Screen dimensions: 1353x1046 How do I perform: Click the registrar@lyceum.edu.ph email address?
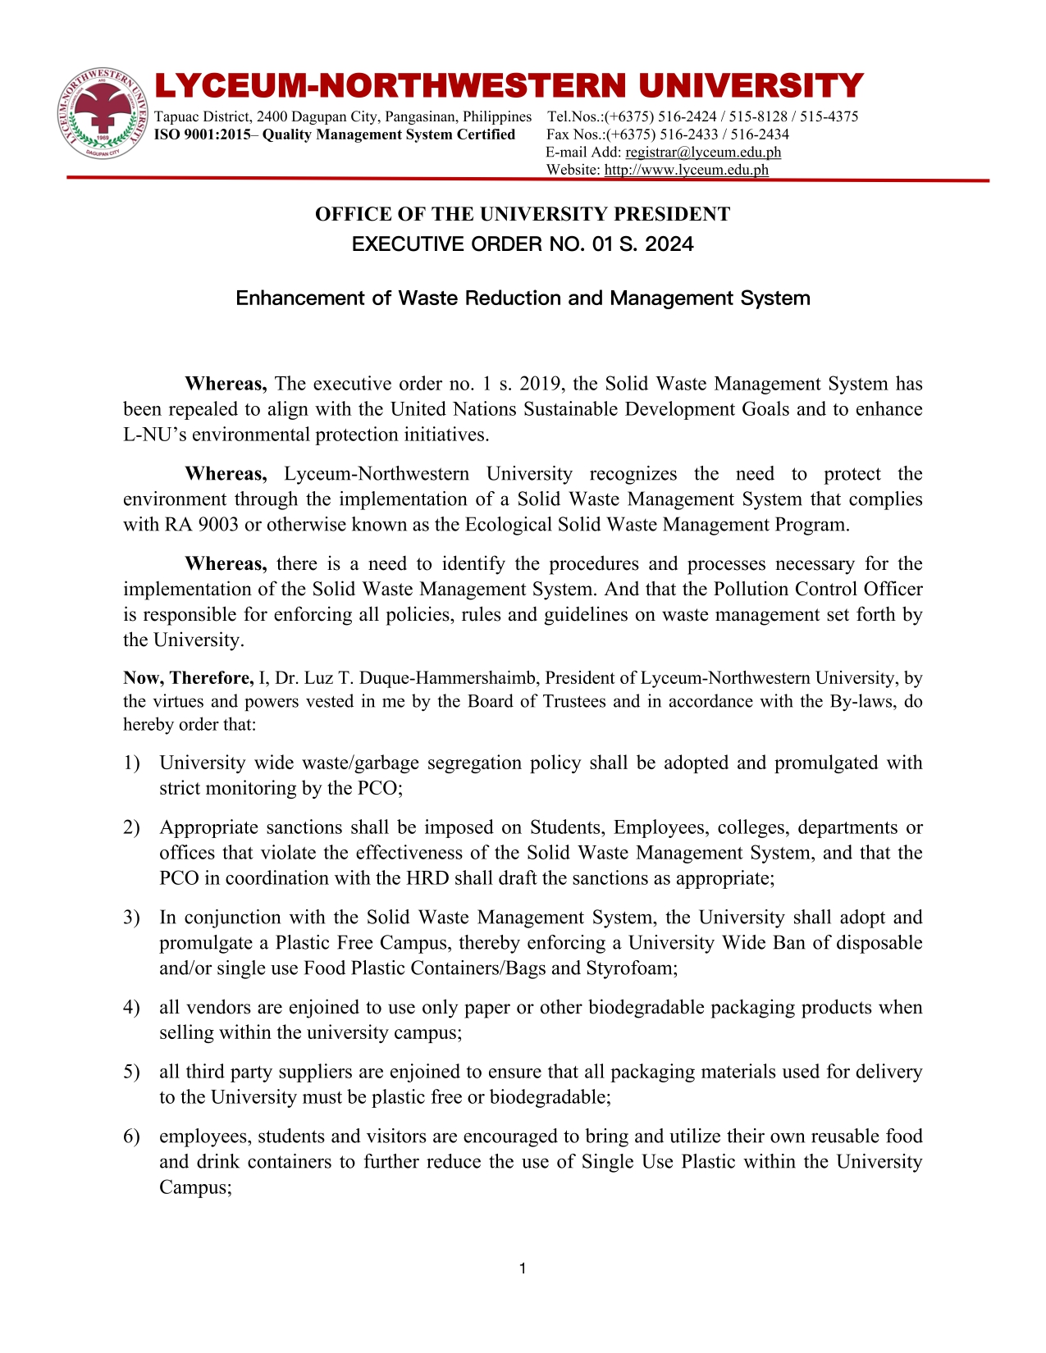pyautogui.click(x=702, y=152)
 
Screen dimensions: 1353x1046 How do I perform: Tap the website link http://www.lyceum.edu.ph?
pyautogui.click(x=686, y=170)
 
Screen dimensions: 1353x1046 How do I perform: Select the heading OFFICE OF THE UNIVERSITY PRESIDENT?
pyautogui.click(x=523, y=214)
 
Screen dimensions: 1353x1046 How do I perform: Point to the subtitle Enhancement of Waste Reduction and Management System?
pyautogui.click(x=523, y=298)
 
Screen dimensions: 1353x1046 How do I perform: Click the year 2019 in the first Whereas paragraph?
pyautogui.click(x=541, y=384)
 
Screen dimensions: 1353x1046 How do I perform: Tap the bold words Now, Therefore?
pyautogui.click(x=188, y=677)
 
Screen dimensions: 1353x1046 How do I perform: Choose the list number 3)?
pyautogui.click(x=131, y=917)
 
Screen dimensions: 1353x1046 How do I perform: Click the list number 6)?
pyautogui.click(x=131, y=1136)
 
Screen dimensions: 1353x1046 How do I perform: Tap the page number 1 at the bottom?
pyautogui.click(x=523, y=1269)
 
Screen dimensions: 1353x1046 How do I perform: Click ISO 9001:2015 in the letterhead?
pyautogui.click(x=203, y=134)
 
